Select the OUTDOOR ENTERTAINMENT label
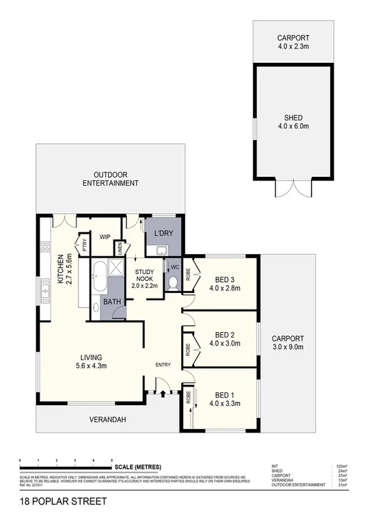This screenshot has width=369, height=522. pos(111,179)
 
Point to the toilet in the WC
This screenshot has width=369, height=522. pos(173,282)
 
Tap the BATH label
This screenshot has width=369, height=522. pos(112,301)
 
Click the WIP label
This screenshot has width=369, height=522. pos(105,237)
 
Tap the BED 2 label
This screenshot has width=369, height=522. pos(225,334)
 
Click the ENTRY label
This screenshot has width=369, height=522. pos(163,364)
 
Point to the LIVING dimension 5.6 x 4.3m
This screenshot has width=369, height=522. pos(91,367)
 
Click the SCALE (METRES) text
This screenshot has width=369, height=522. pos(138,467)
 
